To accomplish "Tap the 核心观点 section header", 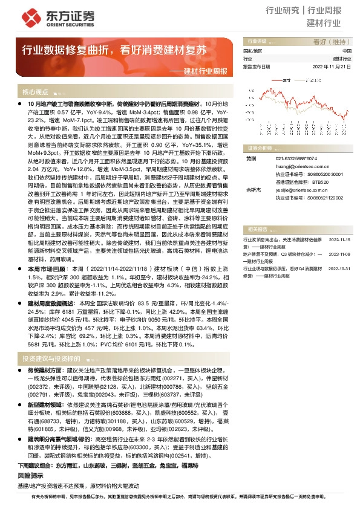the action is click(x=35, y=92).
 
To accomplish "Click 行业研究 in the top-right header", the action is click(x=283, y=10).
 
